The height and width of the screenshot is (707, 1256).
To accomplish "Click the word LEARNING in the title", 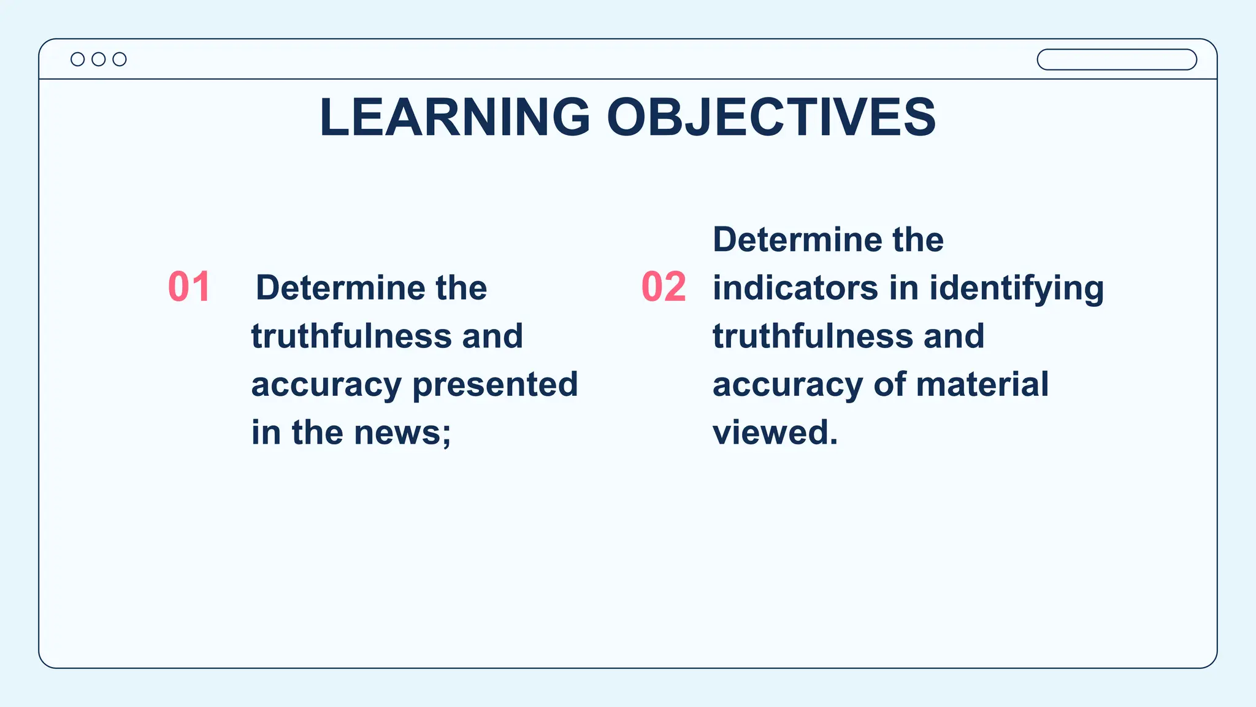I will coord(454,117).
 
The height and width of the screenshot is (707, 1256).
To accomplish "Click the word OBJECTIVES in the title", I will coord(771,117).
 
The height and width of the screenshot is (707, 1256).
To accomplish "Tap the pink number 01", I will coord(190,287).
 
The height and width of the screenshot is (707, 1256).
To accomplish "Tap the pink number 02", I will coord(664,287).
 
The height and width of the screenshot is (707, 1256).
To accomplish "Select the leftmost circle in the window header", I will coord(78,59).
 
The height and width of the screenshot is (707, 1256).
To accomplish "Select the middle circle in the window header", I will coord(99,59).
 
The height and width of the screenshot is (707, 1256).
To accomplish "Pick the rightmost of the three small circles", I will coord(120,59).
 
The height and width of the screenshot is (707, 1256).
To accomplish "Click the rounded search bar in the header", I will coord(1116,60).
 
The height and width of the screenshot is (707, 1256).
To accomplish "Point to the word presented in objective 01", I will coord(495,385).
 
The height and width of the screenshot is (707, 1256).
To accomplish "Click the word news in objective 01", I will coord(398,433).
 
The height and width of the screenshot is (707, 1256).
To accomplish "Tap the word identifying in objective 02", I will coord(1016,288).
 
